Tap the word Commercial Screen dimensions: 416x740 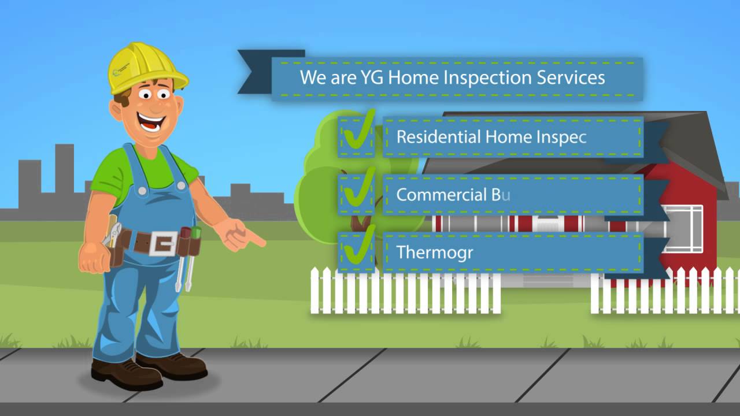(441, 195)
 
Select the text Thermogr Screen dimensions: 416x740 (434, 252)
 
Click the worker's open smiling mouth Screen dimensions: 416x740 (152, 122)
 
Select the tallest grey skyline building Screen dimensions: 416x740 (64, 173)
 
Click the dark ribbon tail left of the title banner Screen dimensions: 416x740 (254, 72)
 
